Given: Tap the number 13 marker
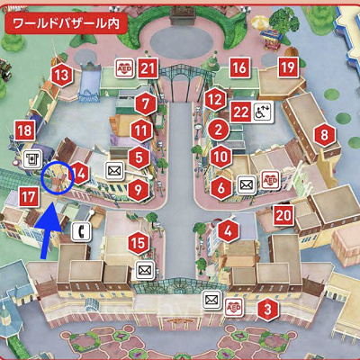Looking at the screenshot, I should tap(60, 76).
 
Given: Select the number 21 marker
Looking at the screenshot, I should tap(148, 67).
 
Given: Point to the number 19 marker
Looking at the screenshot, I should tap(287, 67).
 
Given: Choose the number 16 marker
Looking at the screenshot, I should tap(238, 67).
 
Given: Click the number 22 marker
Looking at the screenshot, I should tap(240, 111).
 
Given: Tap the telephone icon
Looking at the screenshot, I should tap(82, 230).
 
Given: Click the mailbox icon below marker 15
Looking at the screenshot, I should tap(142, 269).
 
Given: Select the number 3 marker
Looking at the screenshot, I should tap(266, 310).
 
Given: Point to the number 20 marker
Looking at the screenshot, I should tap(283, 214).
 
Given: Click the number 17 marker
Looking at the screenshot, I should tap(28, 194).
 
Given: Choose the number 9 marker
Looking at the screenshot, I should tap(138, 189).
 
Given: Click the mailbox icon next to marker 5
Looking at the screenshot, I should tap(114, 168).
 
